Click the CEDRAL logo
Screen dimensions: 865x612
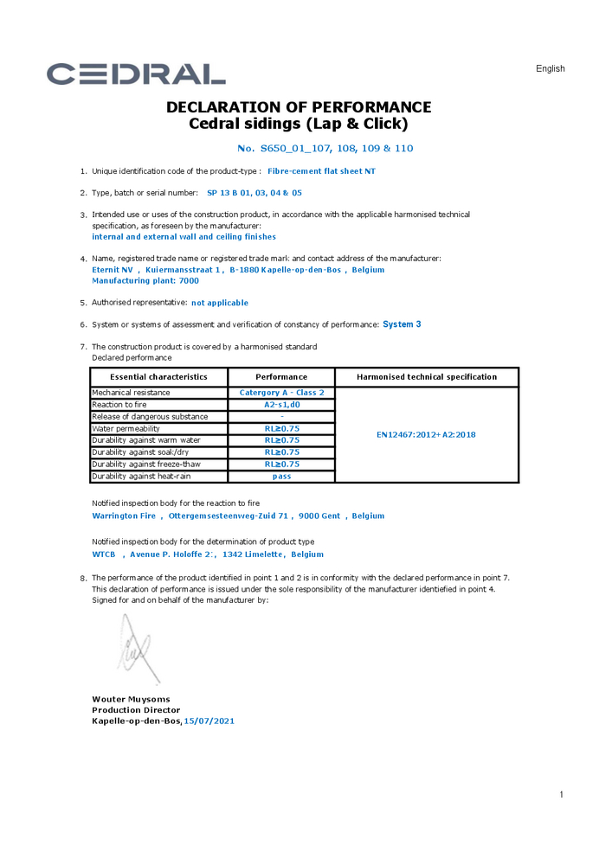(x=136, y=74)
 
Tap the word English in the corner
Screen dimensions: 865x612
(x=550, y=69)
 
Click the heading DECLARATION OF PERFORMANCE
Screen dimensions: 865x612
(x=298, y=107)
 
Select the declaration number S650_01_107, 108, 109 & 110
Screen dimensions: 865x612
(x=325, y=149)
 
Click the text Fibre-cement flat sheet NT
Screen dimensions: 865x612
(x=321, y=171)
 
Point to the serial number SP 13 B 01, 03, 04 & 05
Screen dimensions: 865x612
(x=254, y=193)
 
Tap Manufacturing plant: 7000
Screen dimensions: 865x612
(x=145, y=281)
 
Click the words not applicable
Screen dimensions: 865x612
(x=220, y=304)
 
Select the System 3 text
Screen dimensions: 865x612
(x=402, y=324)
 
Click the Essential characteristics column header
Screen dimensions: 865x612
(x=158, y=377)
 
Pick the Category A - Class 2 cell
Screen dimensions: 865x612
(x=281, y=393)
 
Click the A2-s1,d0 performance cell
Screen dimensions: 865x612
(x=281, y=405)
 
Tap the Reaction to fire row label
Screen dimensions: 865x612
(x=119, y=405)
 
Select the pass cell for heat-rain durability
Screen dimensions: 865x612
(x=281, y=477)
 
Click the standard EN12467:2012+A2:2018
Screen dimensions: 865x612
(x=426, y=435)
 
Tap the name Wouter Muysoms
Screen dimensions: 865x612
(x=131, y=699)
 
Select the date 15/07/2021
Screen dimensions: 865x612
(x=209, y=721)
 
